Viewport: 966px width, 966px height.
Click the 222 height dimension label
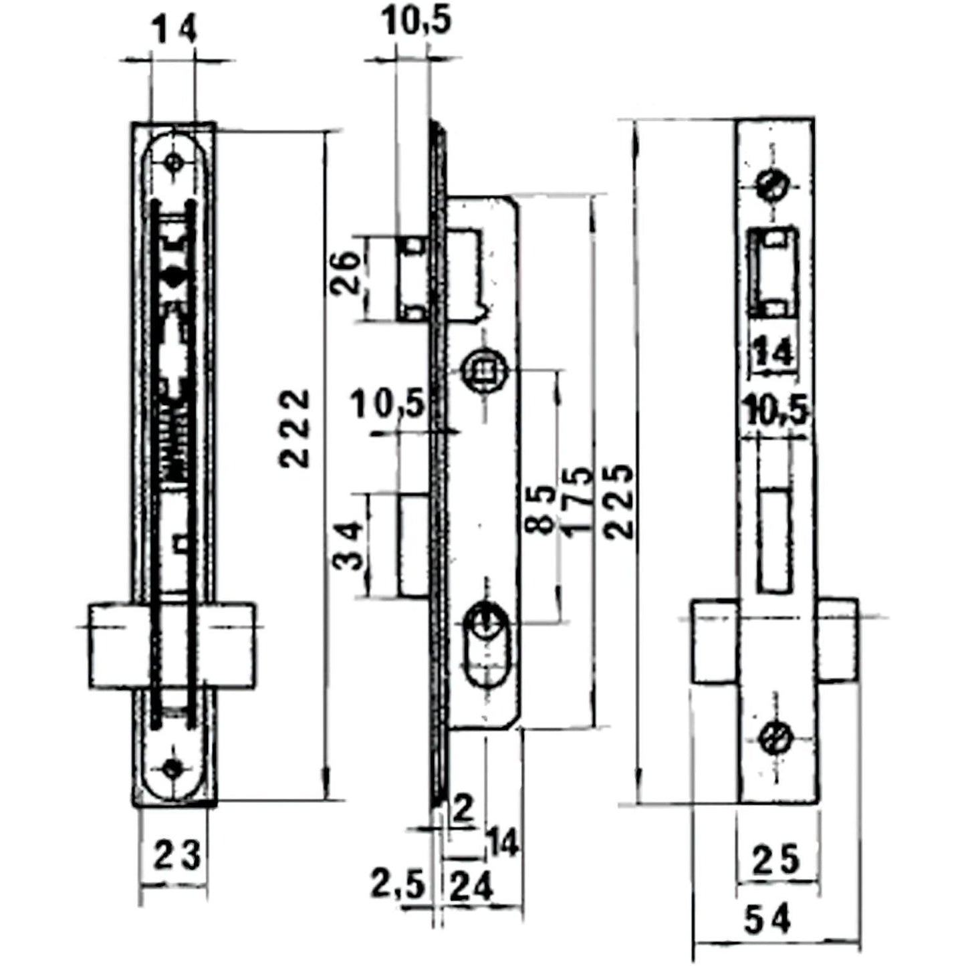pos(295,428)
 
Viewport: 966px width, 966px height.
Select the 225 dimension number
pos(620,501)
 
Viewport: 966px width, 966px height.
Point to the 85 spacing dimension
pos(541,508)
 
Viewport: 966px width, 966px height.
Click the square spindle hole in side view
pos(483,370)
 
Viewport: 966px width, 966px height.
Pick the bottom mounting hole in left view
pos(174,768)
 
